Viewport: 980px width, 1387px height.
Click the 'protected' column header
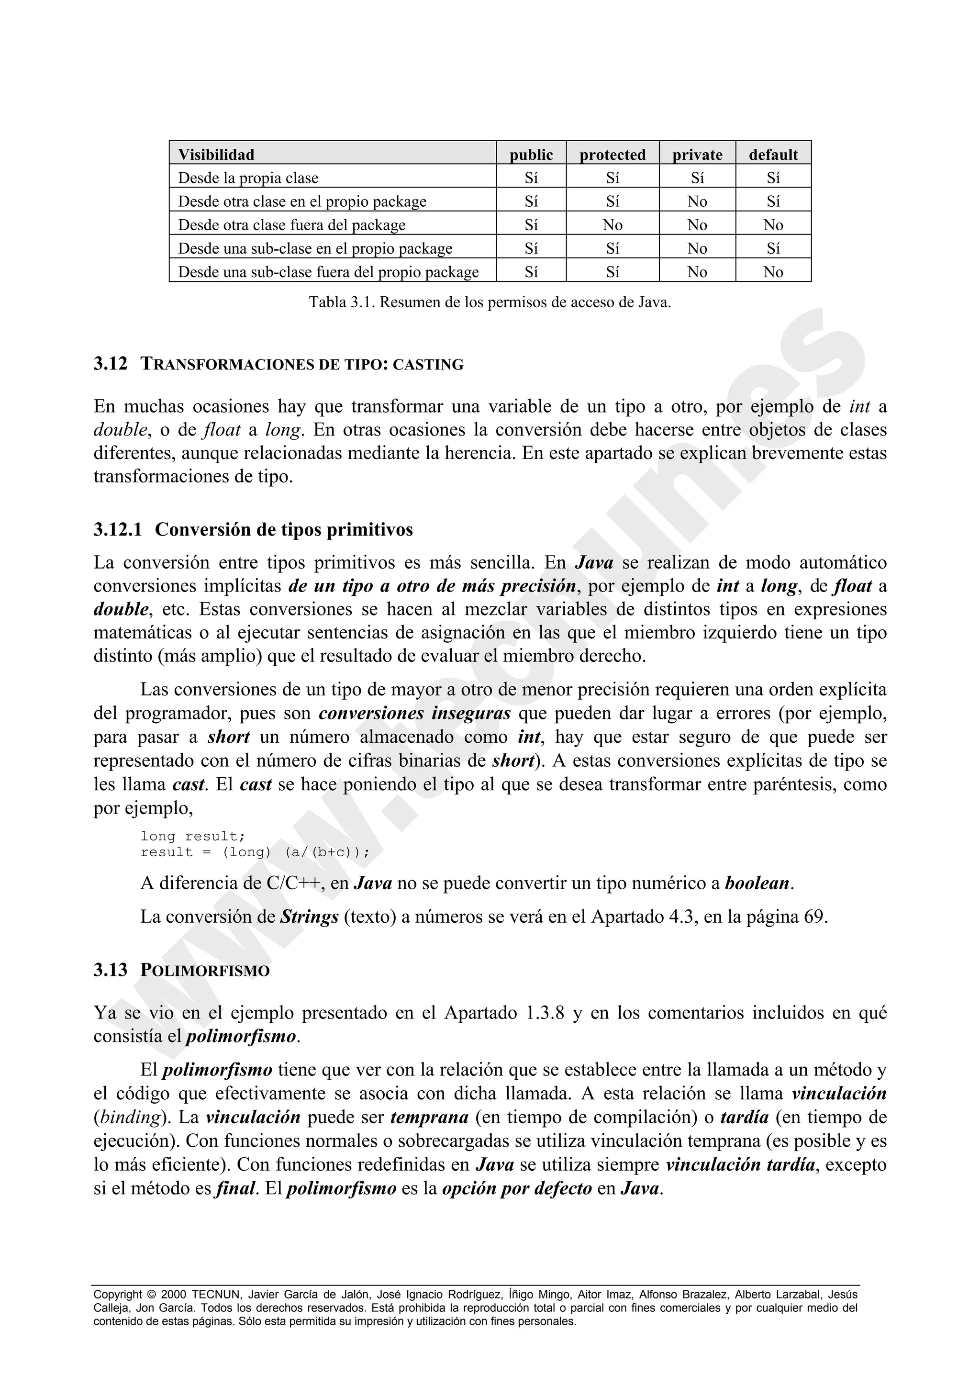[x=612, y=155]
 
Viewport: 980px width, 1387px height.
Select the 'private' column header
[x=697, y=155]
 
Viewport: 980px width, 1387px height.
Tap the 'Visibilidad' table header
[x=216, y=155]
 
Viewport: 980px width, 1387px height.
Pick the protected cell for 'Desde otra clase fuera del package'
[x=612, y=225]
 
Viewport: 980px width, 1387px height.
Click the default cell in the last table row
[x=773, y=272]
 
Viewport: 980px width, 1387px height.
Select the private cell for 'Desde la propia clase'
[x=697, y=178]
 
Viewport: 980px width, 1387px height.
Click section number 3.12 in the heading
[x=111, y=364]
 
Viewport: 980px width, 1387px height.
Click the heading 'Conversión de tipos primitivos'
[x=284, y=530]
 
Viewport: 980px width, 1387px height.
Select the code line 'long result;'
[x=193, y=836]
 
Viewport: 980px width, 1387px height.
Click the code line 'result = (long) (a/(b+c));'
[x=254, y=852]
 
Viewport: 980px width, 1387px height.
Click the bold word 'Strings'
[x=309, y=917]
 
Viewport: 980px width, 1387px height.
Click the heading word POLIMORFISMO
[x=205, y=971]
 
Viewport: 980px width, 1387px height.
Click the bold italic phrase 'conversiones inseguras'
[x=414, y=714]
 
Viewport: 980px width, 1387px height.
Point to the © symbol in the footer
[x=151, y=1295]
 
